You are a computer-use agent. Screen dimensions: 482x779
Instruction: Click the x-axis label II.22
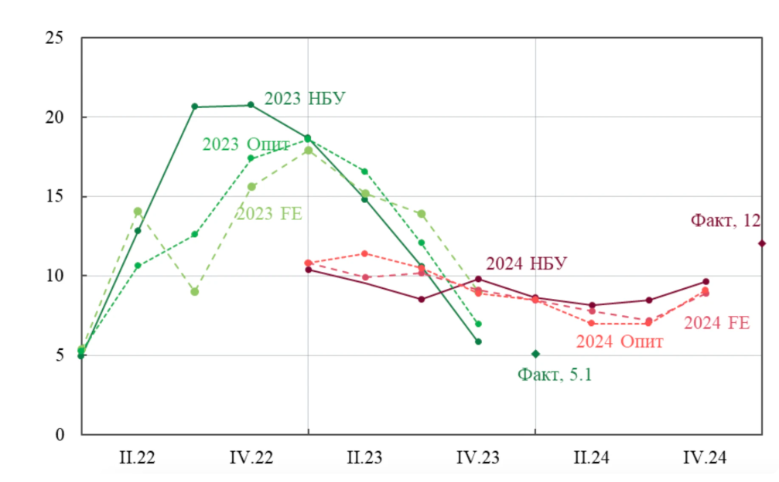137,458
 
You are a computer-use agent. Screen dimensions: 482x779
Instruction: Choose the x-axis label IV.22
251,458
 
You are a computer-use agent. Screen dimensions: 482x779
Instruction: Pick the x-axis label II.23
364,458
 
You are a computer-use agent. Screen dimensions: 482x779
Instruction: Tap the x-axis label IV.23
478,458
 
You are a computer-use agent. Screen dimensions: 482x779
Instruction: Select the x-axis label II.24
591,458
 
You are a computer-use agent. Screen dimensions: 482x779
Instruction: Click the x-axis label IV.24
705,458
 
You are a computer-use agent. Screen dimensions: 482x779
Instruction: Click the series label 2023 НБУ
305,99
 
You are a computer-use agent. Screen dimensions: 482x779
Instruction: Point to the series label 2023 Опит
246,144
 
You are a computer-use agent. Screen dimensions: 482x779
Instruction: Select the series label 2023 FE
268,214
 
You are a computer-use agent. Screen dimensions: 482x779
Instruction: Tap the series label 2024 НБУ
526,264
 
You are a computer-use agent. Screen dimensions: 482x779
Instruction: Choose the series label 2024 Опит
619,341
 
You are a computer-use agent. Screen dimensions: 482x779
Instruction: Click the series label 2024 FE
716,323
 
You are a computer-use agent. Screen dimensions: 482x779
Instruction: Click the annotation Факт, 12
725,221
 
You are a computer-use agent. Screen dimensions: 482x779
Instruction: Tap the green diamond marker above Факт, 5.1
535,354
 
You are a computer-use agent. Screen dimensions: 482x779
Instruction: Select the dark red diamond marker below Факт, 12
762,243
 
